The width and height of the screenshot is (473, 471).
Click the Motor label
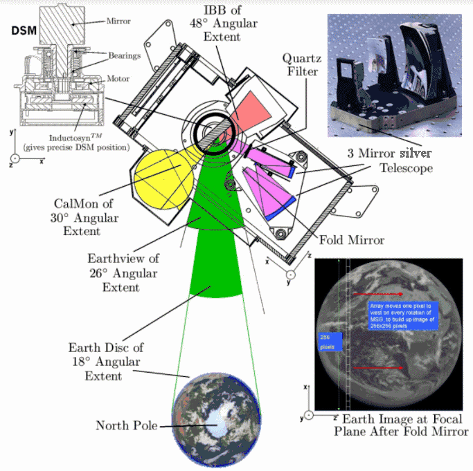click(x=118, y=78)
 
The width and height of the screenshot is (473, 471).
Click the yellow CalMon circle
click(x=161, y=178)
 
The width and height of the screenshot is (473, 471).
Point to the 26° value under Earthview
click(x=100, y=273)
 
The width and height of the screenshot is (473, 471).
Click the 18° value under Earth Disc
click(x=83, y=362)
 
